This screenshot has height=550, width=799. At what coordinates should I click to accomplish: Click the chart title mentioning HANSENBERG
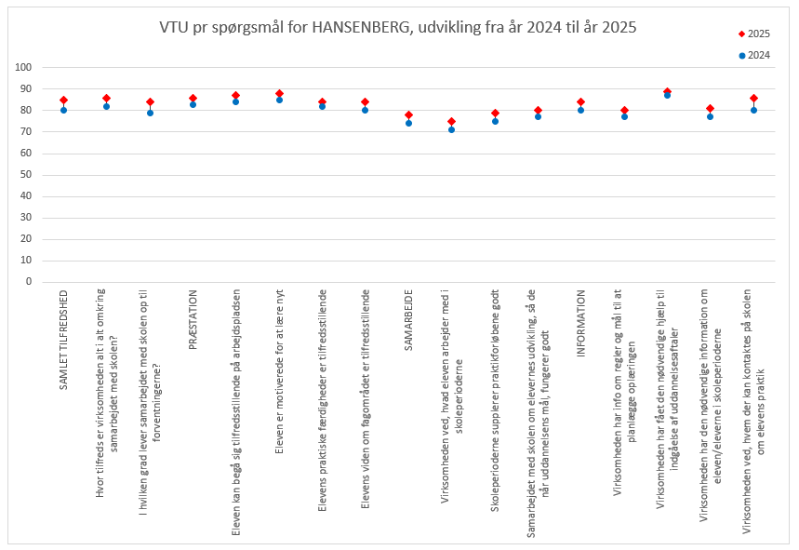pos(398,28)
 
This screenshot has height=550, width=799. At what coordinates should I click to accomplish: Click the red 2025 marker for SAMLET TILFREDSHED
pos(64,100)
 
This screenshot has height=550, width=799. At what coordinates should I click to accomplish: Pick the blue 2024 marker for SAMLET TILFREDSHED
pos(64,110)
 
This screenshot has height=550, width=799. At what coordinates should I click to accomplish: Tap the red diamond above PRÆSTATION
pos(193,98)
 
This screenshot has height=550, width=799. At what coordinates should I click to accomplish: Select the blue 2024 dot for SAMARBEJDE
pos(408,123)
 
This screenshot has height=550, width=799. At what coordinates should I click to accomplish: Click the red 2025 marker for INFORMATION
pos(580,101)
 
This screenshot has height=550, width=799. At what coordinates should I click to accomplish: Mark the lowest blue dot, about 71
pos(451,129)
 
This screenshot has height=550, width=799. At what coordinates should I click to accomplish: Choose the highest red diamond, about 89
pos(667,91)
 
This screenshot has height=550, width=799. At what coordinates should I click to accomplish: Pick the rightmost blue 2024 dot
pos(753,110)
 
